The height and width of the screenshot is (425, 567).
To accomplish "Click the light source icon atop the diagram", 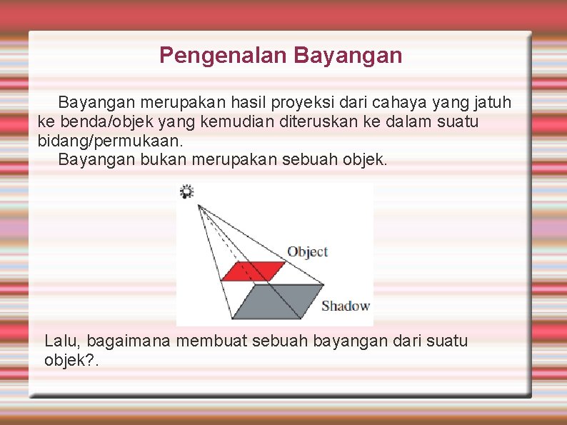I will [186, 191].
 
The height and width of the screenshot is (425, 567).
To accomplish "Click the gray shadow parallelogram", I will [279, 301].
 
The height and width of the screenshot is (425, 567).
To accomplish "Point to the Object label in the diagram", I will [307, 251].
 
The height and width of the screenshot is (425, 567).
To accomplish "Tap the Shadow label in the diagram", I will [346, 306].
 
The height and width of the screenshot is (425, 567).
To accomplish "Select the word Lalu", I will [60, 341].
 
